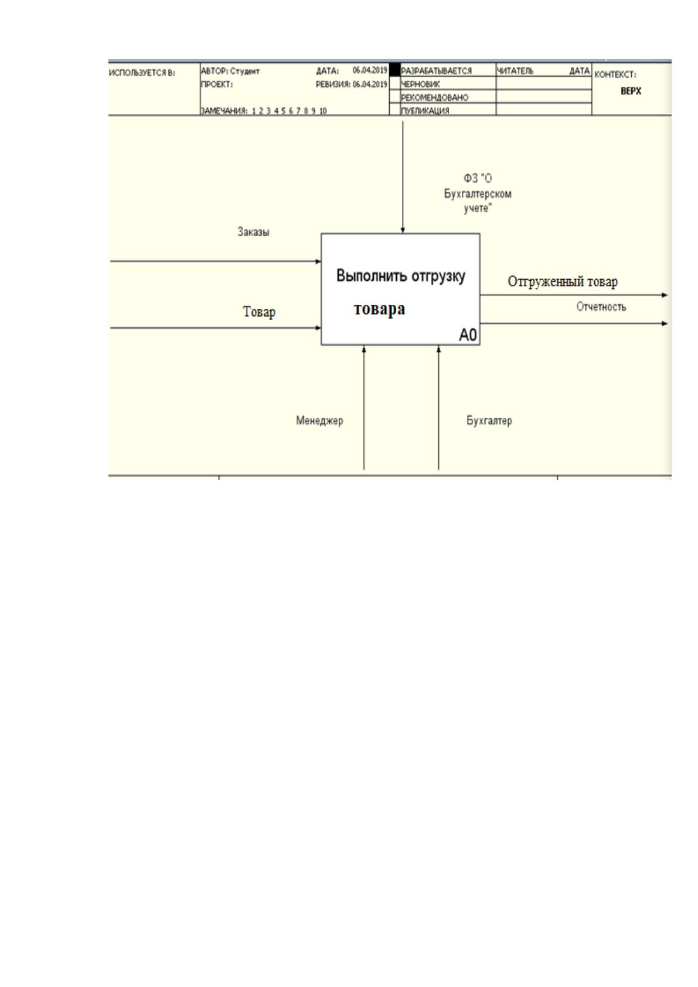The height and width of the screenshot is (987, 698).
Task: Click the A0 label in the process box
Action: coord(468,335)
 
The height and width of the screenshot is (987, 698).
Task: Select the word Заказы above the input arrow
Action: coord(253,232)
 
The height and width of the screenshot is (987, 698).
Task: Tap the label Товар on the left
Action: coord(259,312)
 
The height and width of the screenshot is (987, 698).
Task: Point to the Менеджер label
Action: coord(319,420)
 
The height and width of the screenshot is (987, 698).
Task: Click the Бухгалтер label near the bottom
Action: coord(489,420)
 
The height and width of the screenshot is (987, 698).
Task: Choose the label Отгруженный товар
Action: coord(563,281)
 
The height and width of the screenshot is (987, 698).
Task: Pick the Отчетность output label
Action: coord(601,307)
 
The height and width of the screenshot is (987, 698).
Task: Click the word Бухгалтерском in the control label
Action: coord(478,193)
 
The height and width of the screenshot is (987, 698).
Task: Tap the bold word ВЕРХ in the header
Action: coord(631,91)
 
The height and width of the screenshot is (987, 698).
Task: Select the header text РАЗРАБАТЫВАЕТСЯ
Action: coord(436,71)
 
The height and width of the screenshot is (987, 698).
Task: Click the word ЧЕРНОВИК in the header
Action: coord(420,84)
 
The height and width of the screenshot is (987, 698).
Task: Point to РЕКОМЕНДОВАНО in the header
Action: coord(434,97)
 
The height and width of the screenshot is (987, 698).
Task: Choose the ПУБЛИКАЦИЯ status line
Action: coord(425,111)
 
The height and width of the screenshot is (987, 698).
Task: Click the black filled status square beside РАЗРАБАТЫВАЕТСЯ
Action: coord(395,70)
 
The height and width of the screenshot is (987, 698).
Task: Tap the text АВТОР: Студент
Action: coord(230,71)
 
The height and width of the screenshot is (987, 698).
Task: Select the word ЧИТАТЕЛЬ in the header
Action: coord(515,71)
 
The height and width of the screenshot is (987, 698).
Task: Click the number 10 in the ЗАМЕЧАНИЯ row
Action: coord(323,111)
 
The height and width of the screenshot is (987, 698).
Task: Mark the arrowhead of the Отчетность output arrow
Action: coord(665,324)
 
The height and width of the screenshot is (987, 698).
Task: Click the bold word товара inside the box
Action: coord(379,308)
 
